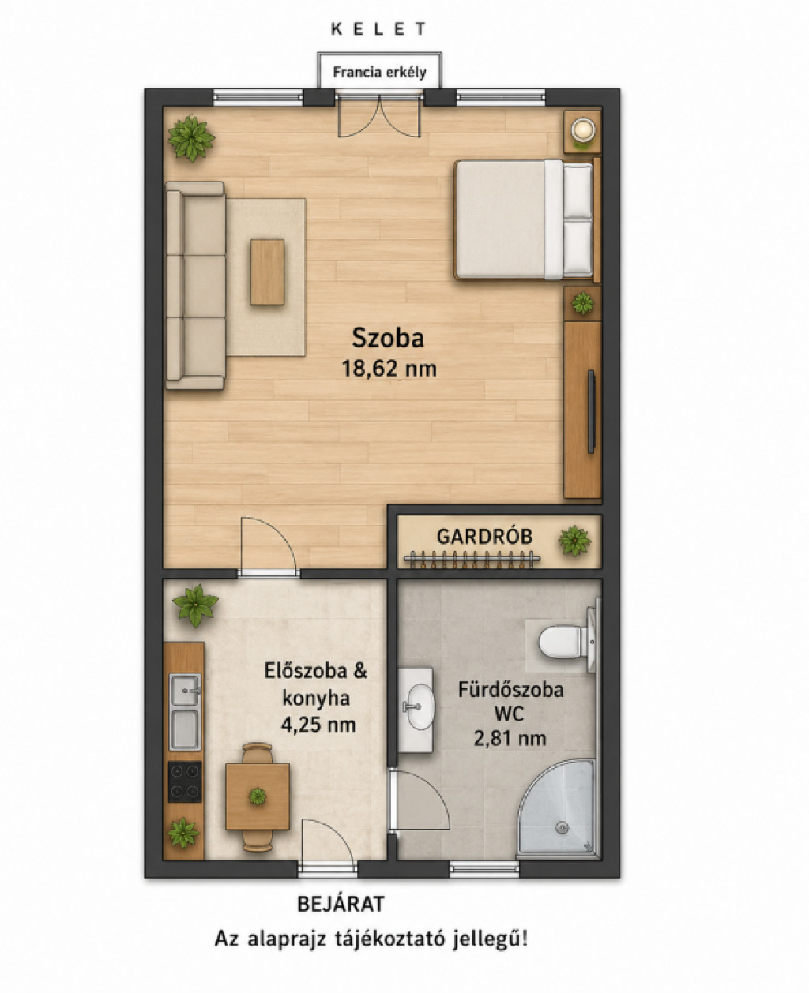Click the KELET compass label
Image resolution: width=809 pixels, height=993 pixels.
point(378,29)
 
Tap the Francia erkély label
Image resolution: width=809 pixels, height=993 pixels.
point(379,73)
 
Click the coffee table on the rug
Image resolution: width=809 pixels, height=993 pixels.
point(267,273)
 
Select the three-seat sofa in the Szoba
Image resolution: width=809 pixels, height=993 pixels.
point(196,286)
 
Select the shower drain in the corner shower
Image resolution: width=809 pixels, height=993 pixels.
point(563,828)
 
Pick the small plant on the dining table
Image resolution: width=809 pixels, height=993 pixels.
point(257,796)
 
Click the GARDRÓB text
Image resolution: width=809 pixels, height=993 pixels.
point(484,537)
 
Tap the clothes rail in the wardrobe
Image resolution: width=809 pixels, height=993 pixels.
point(472,558)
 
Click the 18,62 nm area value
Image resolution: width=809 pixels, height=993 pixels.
point(389,369)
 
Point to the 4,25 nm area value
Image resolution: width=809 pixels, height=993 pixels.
point(318,725)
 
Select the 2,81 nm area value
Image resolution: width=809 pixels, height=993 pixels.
point(510,739)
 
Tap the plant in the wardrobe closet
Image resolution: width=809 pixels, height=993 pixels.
point(574,541)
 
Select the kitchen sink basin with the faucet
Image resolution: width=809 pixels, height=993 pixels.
point(185,689)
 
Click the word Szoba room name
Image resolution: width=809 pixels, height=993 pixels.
point(388,338)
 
